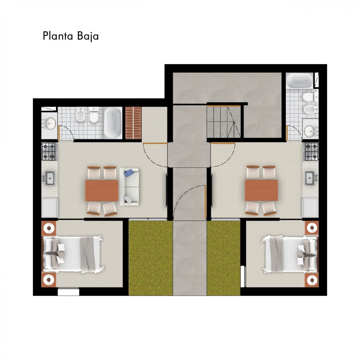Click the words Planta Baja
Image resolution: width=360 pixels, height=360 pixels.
pyautogui.click(x=71, y=36)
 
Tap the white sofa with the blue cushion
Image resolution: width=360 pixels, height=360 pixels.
pyautogui.click(x=129, y=187)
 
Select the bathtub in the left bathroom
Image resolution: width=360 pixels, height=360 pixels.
pyautogui.click(x=113, y=123)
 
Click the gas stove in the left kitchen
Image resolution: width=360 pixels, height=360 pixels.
pyautogui.click(x=49, y=151)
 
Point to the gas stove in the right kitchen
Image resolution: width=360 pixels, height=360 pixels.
pyautogui.click(x=311, y=151)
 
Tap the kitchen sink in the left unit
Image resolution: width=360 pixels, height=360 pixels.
pyautogui.click(x=49, y=178)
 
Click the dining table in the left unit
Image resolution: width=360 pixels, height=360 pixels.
pyautogui.click(x=102, y=191)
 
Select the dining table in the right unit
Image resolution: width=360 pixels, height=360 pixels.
pyautogui.click(x=261, y=190)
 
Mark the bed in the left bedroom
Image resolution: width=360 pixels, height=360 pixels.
pyautogui.click(x=73, y=255)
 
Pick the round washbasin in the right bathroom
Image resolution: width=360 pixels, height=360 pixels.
pyautogui.click(x=311, y=131)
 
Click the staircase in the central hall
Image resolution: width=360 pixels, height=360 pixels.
pyautogui.click(x=224, y=122)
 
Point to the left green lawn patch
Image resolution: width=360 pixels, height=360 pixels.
pyautogui.click(x=150, y=258)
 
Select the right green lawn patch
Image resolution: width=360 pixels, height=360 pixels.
pyautogui.click(x=224, y=258)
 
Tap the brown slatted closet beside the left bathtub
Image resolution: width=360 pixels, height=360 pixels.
pyautogui.click(x=133, y=123)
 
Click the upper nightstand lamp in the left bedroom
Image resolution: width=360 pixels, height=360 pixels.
pyautogui.click(x=49, y=228)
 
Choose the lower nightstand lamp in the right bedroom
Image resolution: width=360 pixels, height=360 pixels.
pyautogui.click(x=312, y=280)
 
